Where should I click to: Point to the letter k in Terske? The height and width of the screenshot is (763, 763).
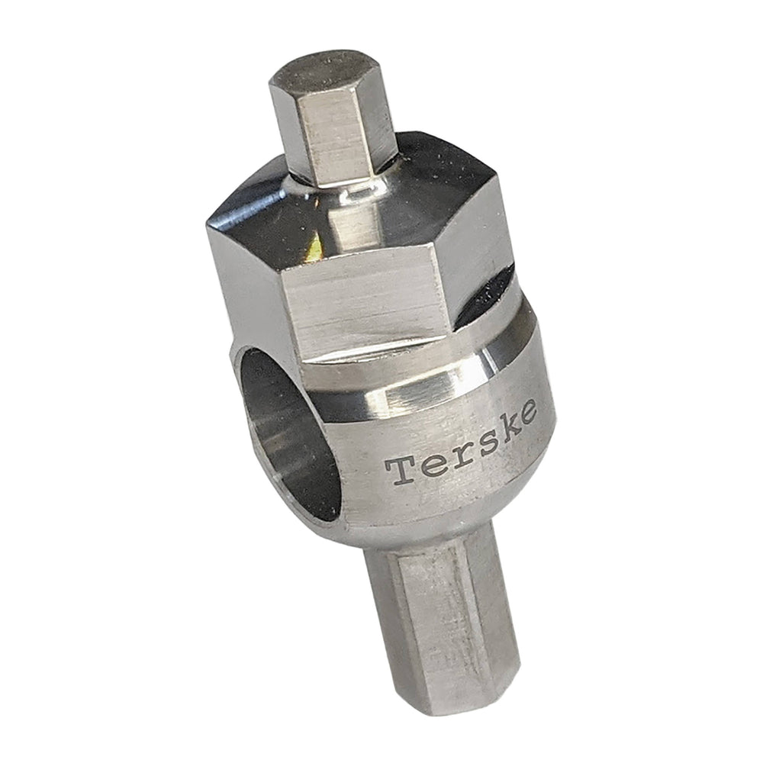pyautogui.click(x=508, y=427)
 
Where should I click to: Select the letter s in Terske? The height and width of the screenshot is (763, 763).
pyautogui.click(x=481, y=443)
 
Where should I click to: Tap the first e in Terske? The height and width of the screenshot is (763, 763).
pyautogui.click(x=429, y=465)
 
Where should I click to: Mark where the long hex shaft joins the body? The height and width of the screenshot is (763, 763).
pyautogui.click(x=427, y=534)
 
